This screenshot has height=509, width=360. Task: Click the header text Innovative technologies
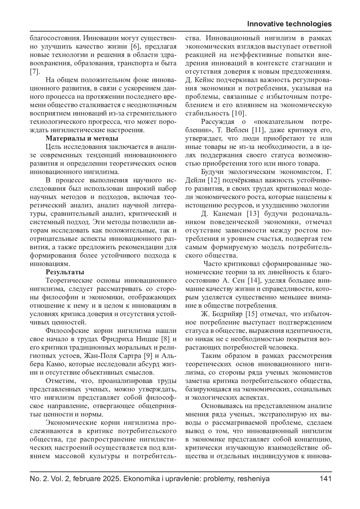click(x=289, y=24)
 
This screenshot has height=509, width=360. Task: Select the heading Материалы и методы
click(x=82, y=138)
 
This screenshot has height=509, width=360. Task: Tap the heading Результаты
click(x=65, y=272)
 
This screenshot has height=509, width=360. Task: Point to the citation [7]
click(x=34, y=72)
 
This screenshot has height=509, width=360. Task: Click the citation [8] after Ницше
click(x=166, y=339)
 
